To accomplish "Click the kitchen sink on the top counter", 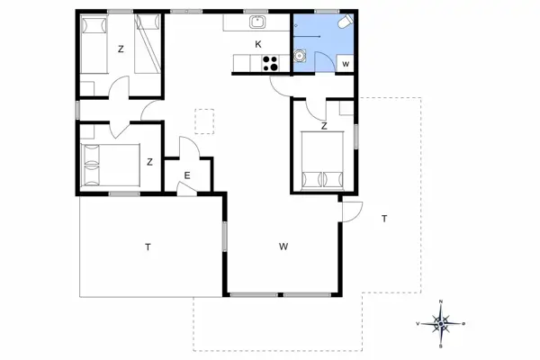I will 257,24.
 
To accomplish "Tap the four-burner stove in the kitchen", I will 270,63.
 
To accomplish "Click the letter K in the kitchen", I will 258,44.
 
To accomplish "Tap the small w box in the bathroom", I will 346,63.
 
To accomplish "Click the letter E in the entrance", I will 187,175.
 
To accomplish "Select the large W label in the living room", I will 283,246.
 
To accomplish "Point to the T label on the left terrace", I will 146,246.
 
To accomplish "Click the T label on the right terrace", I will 384,219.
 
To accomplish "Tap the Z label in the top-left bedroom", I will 121,49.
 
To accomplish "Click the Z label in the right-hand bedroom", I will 324,126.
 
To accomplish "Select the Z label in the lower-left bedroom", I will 150,162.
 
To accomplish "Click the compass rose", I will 440,321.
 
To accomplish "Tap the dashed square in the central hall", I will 206,121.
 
